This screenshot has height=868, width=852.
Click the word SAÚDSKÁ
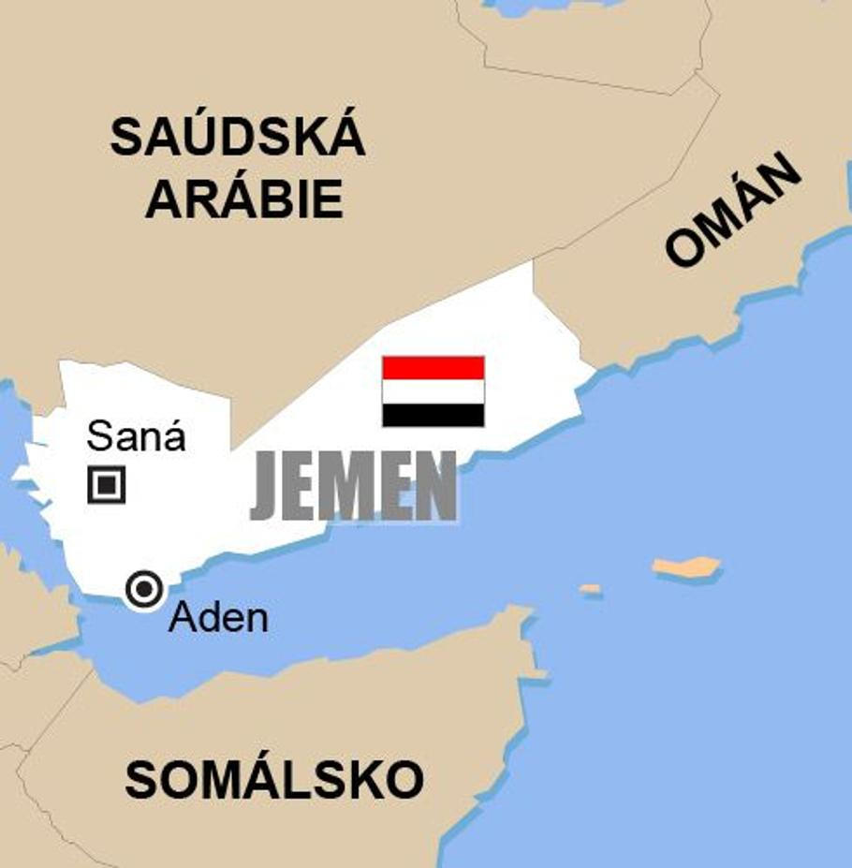tap(237, 138)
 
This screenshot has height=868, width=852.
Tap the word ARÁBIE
tap(243, 199)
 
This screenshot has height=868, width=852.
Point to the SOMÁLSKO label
tap(274, 780)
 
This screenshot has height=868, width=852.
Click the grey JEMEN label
tap(353, 487)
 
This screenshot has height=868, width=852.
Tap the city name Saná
tap(137, 436)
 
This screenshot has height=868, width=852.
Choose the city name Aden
tap(218, 618)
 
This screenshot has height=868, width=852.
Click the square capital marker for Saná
tap(107, 484)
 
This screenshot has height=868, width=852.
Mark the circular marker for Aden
tap(144, 589)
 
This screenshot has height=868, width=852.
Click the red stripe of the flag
tap(433, 367)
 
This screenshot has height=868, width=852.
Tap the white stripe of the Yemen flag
tap(433, 390)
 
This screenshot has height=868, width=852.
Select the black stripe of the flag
tap(433, 414)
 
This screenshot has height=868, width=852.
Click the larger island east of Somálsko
tap(686, 566)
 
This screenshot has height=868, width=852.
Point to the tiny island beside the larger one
tap(590, 589)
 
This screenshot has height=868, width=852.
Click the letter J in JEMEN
tap(266, 487)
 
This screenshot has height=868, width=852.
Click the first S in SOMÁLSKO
tap(140, 780)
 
